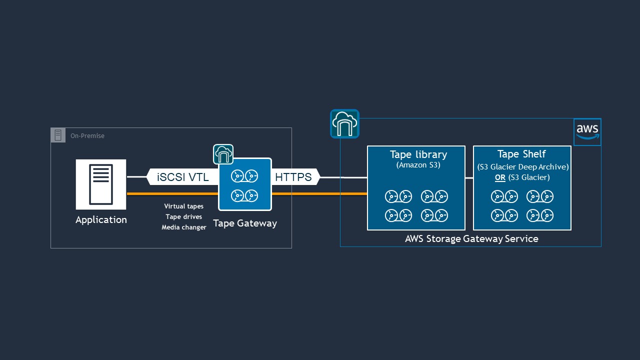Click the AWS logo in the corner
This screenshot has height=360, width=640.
coord(587,132)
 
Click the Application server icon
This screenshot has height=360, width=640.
coord(101,184)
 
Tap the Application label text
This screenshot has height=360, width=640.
coord(101,220)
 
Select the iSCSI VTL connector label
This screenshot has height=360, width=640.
coord(182,177)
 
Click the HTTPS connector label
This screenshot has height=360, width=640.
coord(293,177)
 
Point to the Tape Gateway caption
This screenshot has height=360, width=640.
coord(245,223)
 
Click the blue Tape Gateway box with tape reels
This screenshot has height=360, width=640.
coord(245,184)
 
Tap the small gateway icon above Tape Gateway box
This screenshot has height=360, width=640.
coord(223,154)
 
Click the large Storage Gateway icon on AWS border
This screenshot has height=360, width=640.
coord(344,123)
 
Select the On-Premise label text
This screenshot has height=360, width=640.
coord(87,135)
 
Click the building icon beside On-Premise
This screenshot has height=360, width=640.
coord(58,135)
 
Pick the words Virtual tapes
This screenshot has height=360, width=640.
coord(183,206)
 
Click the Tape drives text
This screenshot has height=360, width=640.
coord(183,217)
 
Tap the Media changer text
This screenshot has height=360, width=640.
coord(183,227)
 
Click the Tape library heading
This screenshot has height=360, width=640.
coord(418,154)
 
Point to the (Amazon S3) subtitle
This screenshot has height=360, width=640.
coord(418,165)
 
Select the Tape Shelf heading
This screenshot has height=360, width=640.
coord(521,154)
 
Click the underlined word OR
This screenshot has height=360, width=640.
coord(499,177)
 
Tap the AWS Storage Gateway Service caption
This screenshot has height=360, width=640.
coord(471,238)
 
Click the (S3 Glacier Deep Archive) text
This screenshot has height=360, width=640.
coord(522,166)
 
